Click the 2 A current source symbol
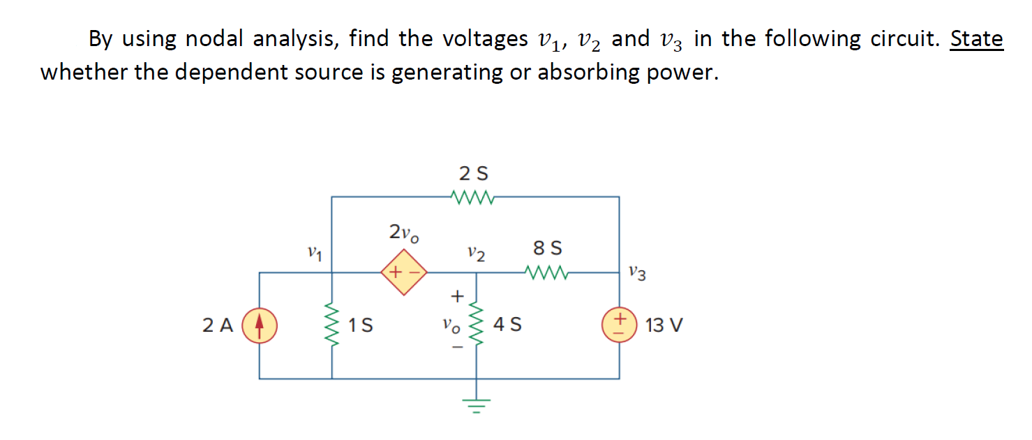(259, 325)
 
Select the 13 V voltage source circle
(619, 325)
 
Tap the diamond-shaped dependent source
(403, 273)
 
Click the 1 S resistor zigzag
(331, 325)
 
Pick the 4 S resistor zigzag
(477, 325)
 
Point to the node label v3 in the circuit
(637, 272)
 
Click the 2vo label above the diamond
(404, 233)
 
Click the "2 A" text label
(218, 325)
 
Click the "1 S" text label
(361, 325)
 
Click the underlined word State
(976, 39)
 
